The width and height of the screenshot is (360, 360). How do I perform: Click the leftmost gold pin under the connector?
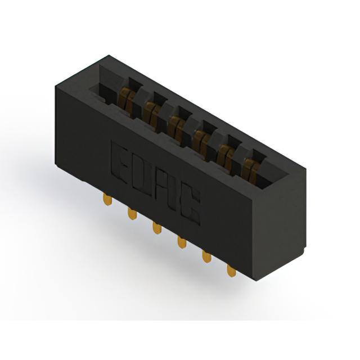[107, 199]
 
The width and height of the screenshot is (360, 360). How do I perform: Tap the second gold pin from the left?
[132, 213]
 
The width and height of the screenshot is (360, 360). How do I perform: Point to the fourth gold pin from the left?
[182, 242]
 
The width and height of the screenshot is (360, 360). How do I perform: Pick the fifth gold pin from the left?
[206, 256]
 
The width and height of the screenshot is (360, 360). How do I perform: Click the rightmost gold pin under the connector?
[231, 271]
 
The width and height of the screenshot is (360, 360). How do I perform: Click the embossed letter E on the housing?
[119, 162]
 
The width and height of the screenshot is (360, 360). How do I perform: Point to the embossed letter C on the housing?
[190, 204]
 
